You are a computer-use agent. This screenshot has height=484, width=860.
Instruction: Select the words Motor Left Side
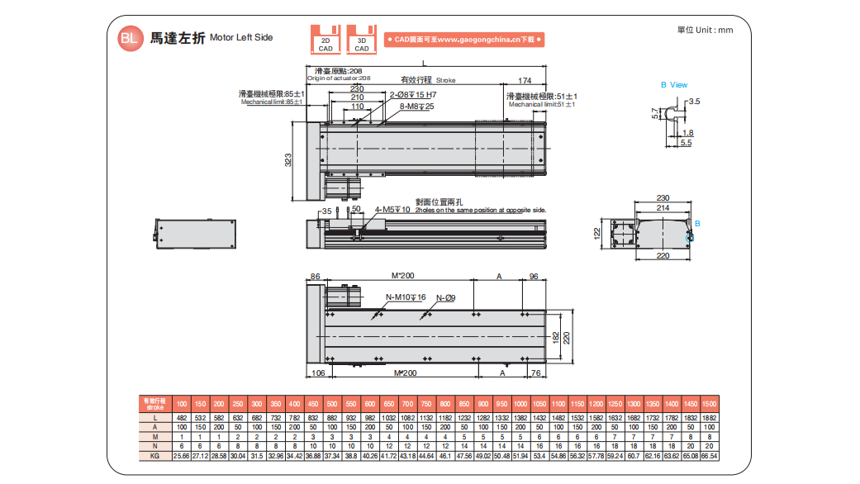click(x=241, y=37)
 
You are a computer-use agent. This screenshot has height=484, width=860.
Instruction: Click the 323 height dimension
click(x=288, y=160)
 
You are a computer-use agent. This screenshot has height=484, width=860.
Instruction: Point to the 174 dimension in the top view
click(x=525, y=80)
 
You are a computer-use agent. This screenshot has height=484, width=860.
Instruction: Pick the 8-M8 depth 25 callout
click(x=417, y=107)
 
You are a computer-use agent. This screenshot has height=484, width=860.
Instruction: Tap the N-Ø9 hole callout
click(x=445, y=297)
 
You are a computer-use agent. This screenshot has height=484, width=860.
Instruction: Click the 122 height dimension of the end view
click(x=597, y=234)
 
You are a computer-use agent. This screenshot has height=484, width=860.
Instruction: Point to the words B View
click(x=673, y=85)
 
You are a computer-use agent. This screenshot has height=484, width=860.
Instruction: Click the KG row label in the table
click(x=155, y=455)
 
